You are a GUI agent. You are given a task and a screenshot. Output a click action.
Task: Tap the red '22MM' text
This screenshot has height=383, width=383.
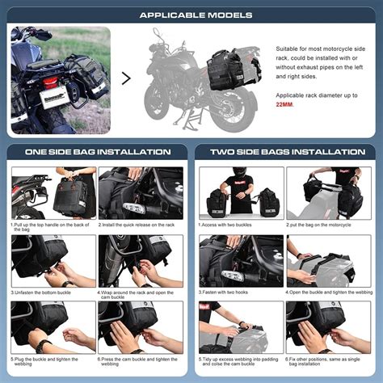coord(284,104)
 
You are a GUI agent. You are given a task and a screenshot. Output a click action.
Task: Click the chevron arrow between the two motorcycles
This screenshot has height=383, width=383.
coord(126,78)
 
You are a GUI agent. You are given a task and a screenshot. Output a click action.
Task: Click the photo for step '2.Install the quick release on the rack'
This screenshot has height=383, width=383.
coord(141,192)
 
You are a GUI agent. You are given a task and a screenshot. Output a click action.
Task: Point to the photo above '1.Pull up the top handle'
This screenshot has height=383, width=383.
coord(53,192)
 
